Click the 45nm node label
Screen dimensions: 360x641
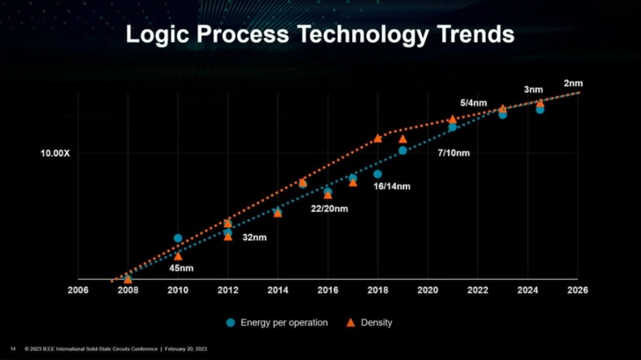[181, 268]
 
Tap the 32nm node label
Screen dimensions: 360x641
[254, 238]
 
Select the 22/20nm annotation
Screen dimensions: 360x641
[330, 209]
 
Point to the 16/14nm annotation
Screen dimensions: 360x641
[393, 187]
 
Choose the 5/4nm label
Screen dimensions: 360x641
[473, 103]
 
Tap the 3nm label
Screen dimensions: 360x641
[533, 90]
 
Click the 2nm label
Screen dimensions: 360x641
[573, 84]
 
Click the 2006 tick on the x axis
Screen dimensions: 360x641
[78, 290]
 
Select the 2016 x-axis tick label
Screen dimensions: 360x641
[328, 290]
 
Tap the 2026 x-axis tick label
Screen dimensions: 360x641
[578, 290]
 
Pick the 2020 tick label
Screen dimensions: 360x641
[428, 290]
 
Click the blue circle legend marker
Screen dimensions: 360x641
[231, 322]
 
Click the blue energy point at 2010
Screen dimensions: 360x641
[178, 238]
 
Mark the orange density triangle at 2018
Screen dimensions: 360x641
[378, 138]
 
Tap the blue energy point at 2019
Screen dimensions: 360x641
[402, 151]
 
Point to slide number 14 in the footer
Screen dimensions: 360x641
[12, 349]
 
